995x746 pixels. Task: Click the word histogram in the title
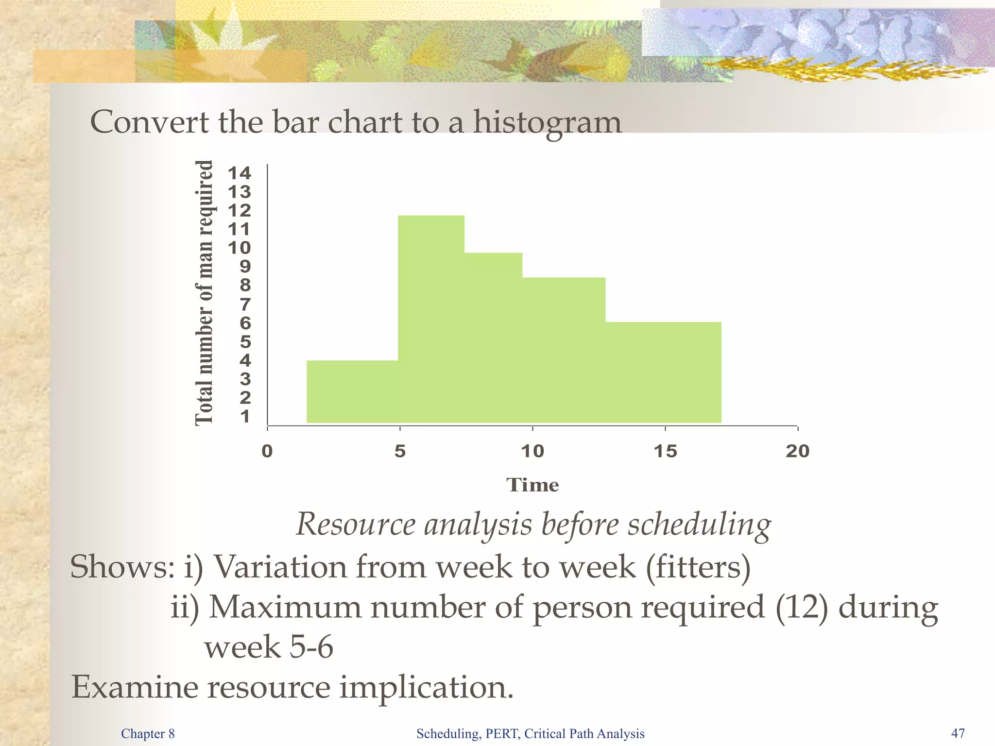547,122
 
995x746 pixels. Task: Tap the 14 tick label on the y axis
240,173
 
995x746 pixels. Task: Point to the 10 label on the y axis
240,248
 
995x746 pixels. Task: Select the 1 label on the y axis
245,417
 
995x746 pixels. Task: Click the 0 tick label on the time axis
267,451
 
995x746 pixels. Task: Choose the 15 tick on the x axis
665,451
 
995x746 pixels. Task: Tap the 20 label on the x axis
798,451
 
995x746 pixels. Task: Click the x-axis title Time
532,485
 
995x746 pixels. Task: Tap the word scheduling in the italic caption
699,525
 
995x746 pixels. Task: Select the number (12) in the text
802,607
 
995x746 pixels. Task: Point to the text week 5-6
269,647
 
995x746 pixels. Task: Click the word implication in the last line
426,688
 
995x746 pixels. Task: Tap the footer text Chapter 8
148,733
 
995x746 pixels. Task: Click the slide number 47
958,733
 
